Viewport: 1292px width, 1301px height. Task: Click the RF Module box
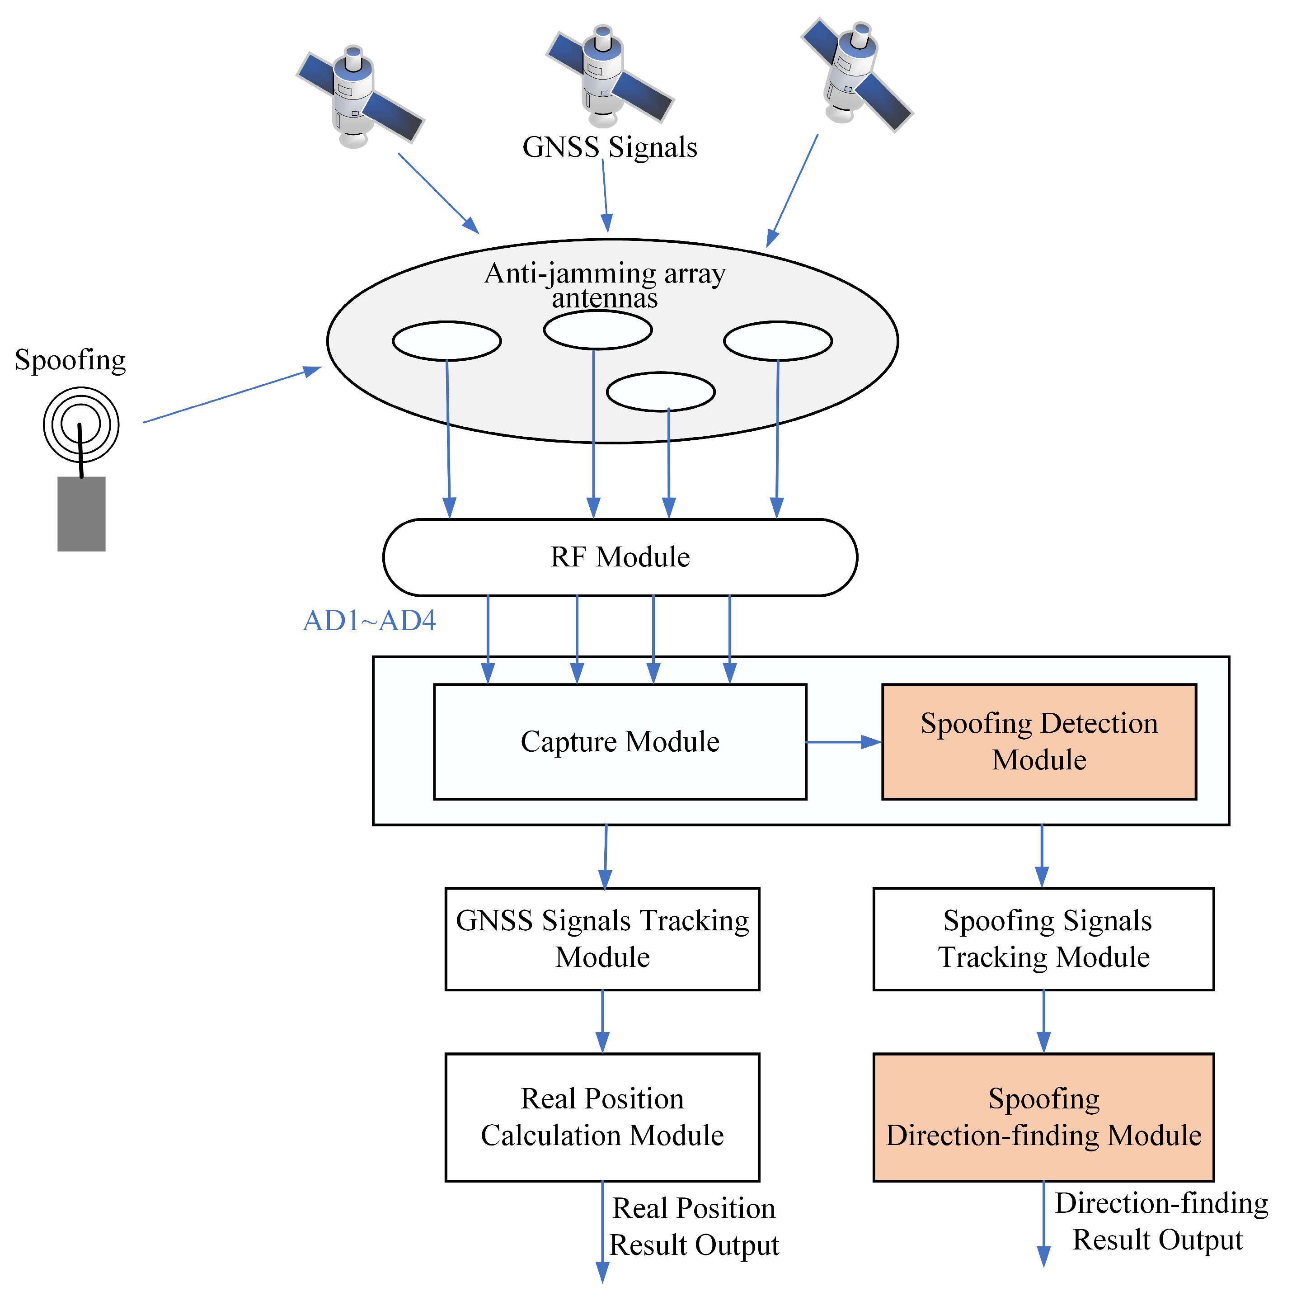pyautogui.click(x=620, y=557)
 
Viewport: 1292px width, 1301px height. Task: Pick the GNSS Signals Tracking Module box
pyautogui.click(x=602, y=939)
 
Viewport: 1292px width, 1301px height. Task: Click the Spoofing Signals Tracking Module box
pyautogui.click(x=1043, y=939)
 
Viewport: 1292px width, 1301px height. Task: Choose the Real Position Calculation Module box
pyautogui.click(x=602, y=1118)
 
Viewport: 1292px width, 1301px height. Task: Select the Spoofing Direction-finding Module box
pyautogui.click(x=1043, y=1118)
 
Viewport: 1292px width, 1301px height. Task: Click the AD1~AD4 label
pyautogui.click(x=369, y=621)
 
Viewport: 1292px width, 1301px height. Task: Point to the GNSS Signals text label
pyautogui.click(x=609, y=147)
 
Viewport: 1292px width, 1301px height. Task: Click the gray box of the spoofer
pyautogui.click(x=81, y=514)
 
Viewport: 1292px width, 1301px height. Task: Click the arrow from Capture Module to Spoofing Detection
pyautogui.click(x=843, y=742)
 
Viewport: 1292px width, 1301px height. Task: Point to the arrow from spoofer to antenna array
pyautogui.click(x=232, y=395)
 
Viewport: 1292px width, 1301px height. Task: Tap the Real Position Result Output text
pyautogui.click(x=694, y=1227)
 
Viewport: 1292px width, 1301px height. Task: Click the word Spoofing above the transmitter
pyautogui.click(x=70, y=360)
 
